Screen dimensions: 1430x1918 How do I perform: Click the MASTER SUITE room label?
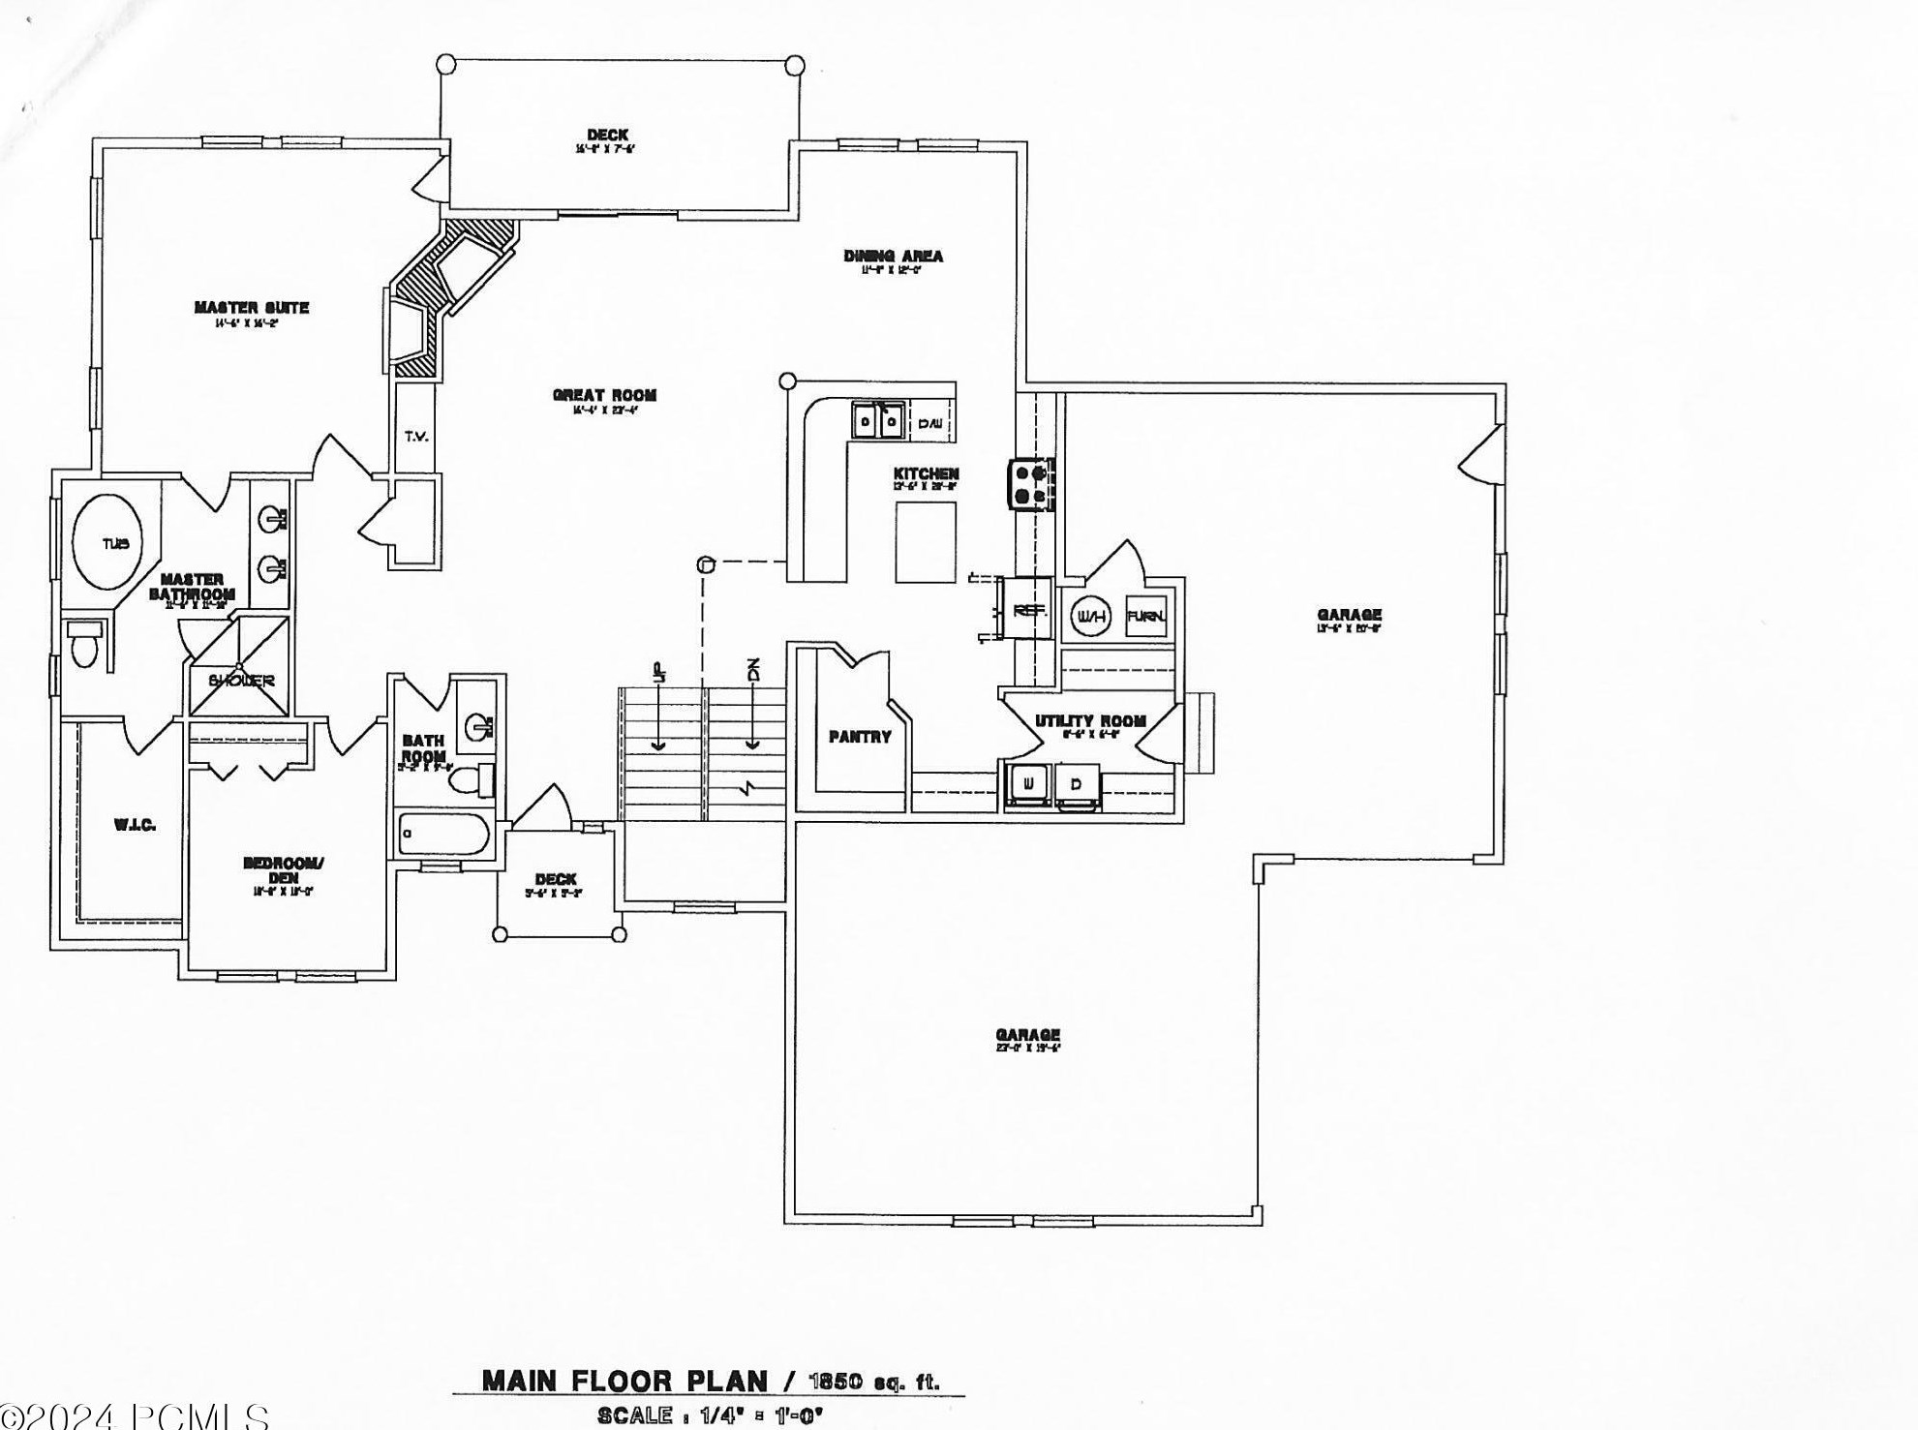[252, 308]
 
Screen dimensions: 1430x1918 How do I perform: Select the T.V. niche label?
[416, 437]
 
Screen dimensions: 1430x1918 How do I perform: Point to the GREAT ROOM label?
[604, 395]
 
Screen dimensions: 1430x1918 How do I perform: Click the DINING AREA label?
[893, 257]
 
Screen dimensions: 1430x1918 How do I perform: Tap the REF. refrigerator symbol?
[1029, 611]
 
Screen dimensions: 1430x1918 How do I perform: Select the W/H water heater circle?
[1090, 617]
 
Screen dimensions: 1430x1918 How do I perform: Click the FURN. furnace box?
[1145, 617]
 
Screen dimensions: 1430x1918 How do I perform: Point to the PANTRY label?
[860, 737]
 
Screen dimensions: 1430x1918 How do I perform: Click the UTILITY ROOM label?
[1090, 721]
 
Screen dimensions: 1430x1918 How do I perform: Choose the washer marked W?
[1028, 783]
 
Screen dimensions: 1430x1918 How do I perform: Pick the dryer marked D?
[1077, 783]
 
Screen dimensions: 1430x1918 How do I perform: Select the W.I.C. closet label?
[135, 825]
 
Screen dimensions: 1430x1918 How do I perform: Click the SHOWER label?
[241, 681]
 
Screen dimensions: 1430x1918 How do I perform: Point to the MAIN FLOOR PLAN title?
[624, 1381]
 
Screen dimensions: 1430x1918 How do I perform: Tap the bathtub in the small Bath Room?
[443, 834]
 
